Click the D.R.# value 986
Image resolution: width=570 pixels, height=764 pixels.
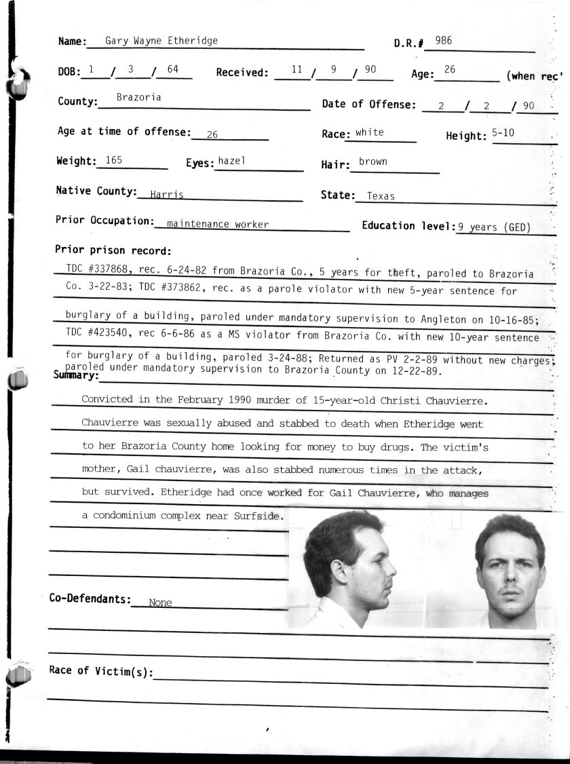point(444,41)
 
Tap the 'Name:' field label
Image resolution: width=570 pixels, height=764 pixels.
point(73,41)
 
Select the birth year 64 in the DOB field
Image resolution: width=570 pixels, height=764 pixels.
point(172,69)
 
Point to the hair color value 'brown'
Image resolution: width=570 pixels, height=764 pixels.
point(373,161)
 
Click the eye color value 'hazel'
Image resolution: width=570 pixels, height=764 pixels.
point(231,161)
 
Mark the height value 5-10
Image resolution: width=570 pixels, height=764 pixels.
point(503,133)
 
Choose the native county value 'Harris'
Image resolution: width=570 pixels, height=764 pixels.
point(167,195)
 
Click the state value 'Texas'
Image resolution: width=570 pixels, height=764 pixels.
point(381,196)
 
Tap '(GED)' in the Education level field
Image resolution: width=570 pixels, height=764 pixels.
point(516,227)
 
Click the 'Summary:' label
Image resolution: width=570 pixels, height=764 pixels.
point(77,375)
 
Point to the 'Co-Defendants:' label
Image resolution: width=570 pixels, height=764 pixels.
point(90,598)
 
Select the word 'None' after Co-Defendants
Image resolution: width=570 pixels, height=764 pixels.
point(160,603)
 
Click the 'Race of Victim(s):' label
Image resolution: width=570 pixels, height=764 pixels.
point(101,671)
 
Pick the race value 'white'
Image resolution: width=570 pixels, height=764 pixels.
point(369,132)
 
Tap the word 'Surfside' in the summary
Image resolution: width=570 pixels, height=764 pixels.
point(257,516)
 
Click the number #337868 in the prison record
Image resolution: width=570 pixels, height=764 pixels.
point(107,270)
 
